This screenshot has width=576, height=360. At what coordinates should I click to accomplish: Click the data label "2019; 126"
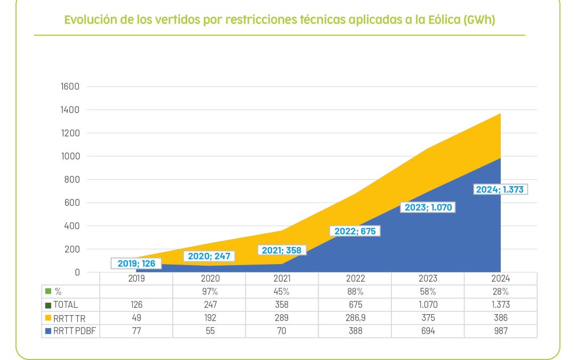137,263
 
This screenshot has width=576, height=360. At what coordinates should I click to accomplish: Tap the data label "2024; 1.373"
500,189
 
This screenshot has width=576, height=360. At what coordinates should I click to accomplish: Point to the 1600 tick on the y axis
70,86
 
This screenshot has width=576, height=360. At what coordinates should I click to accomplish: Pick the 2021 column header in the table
282,278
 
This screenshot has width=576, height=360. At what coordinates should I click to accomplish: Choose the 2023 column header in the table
428,278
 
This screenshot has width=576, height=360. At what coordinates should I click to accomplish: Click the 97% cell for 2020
210,291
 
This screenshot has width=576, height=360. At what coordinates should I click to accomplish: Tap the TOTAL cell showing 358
282,305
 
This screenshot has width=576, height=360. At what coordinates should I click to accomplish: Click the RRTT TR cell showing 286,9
355,318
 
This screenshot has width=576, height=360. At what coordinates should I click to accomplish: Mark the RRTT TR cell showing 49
137,318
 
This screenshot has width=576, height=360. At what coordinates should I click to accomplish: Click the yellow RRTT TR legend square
49,318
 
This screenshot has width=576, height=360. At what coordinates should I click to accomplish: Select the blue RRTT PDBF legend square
49,331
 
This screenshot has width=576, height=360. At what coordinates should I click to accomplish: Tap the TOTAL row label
66,305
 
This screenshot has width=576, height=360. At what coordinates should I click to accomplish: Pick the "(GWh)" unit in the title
479,20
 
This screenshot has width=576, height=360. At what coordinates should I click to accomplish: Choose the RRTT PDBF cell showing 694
428,331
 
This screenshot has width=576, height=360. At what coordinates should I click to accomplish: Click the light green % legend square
49,291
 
